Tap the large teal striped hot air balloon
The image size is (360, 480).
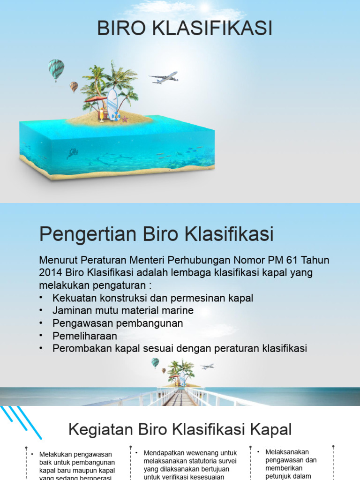click(56, 68)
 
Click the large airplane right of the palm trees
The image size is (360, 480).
click(164, 77)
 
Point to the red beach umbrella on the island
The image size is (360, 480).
click(95, 99)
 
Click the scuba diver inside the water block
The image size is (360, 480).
click(72, 153)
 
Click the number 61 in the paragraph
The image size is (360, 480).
click(296, 260)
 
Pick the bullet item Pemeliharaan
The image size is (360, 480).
click(85, 336)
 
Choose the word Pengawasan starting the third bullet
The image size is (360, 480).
click(78, 323)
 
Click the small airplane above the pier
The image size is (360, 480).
click(207, 366)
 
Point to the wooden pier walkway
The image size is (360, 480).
click(180, 397)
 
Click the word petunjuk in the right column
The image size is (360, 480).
click(279, 476)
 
